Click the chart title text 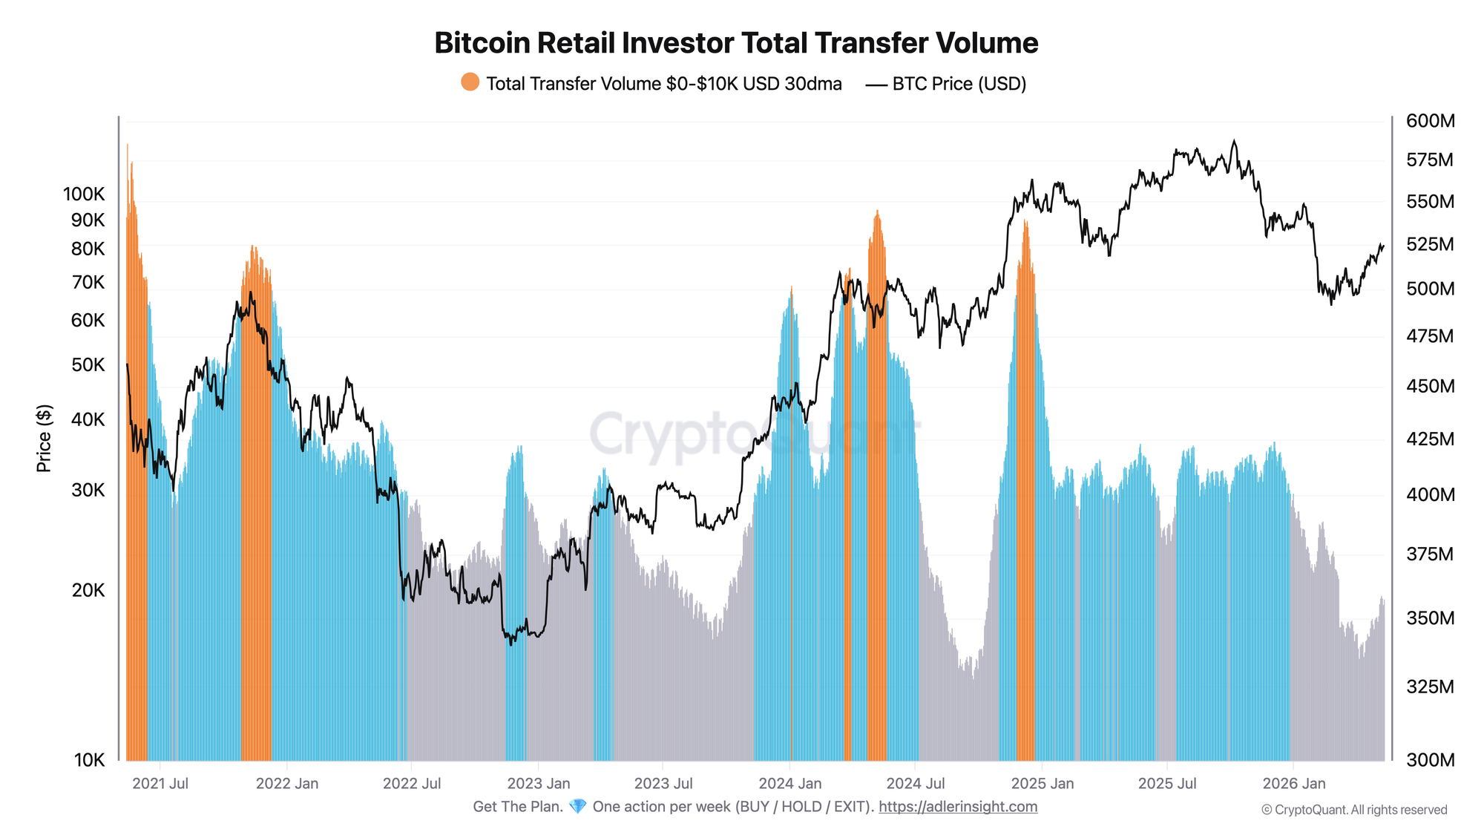[x=736, y=43]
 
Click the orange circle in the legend [x=470, y=82]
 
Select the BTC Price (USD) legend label [x=959, y=84]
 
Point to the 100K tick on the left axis [x=84, y=194]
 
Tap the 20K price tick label [x=88, y=591]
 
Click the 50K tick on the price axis [x=88, y=365]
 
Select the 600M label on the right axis [x=1431, y=121]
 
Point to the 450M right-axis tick [x=1431, y=387]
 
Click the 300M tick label [x=1431, y=760]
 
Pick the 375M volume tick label [x=1431, y=554]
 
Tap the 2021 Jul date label [x=160, y=784]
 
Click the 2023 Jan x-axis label [x=539, y=784]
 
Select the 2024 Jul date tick [x=916, y=784]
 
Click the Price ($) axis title [x=45, y=439]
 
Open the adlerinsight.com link [x=958, y=807]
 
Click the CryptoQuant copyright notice [x=1354, y=810]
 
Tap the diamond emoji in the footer [x=577, y=807]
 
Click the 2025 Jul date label [x=1167, y=784]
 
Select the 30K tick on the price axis [x=88, y=491]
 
